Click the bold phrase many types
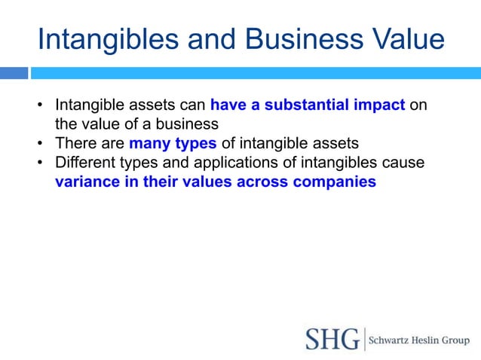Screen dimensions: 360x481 (x=173, y=144)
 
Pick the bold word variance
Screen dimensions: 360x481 (x=87, y=182)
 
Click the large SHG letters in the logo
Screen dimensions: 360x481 (x=332, y=339)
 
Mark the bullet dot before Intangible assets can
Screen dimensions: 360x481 (x=41, y=105)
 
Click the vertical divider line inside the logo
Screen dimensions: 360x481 (x=364, y=339)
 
